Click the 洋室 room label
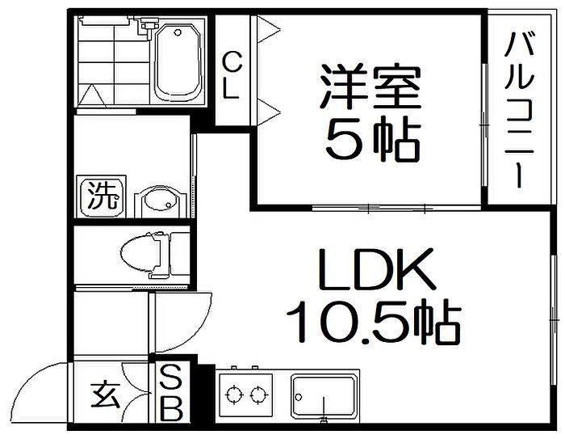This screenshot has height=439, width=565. coord(370,87)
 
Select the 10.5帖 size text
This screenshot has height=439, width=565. coord(374,322)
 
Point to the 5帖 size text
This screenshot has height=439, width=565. coord(373,138)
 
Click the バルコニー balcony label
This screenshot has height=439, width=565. coord(518,110)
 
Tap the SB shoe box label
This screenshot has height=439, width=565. coord(171,393)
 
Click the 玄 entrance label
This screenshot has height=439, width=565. coord(105,394)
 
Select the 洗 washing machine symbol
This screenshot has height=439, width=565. coord(102,196)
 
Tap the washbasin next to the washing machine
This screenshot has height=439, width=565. coord(161,202)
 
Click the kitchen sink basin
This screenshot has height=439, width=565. coord(323,396)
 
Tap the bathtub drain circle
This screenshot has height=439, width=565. coord(177,33)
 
